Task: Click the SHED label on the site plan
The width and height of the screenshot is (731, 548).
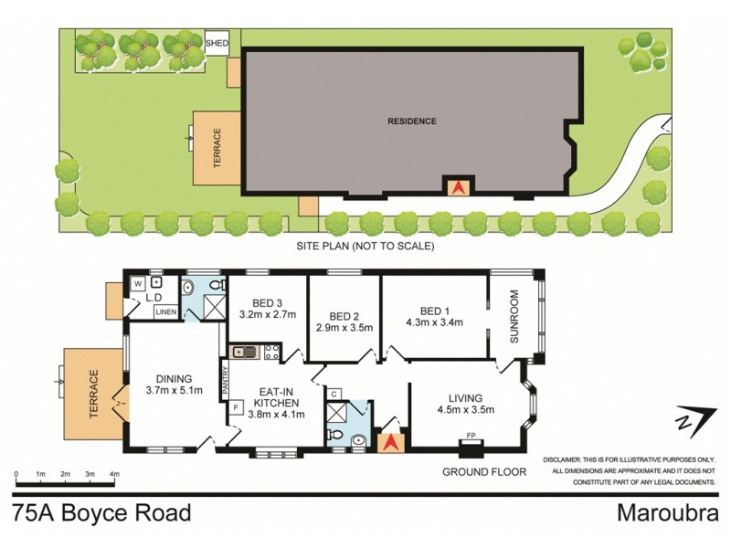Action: pos(217,43)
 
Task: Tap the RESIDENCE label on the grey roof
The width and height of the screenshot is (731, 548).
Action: pos(411,121)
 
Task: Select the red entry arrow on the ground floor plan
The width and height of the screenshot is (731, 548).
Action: pos(391,443)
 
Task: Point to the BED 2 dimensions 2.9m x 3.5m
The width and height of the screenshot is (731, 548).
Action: pos(344,326)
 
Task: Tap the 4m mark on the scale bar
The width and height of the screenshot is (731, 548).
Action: pos(113,474)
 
